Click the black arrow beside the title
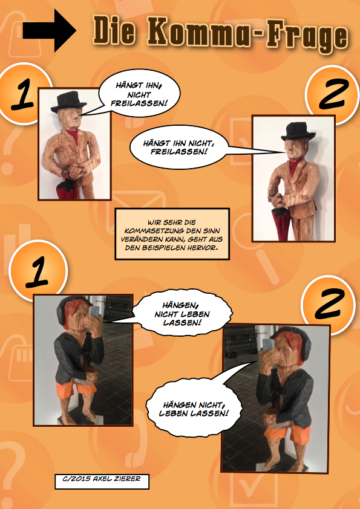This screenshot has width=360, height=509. (50, 30)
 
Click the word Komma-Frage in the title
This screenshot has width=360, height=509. (248, 34)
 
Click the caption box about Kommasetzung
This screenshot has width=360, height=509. (172, 234)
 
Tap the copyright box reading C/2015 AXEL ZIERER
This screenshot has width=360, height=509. (102, 481)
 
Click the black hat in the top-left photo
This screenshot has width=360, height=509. (68, 102)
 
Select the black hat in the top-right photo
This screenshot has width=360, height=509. (298, 131)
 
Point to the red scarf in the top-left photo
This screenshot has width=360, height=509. (74, 135)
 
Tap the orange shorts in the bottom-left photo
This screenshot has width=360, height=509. (77, 388)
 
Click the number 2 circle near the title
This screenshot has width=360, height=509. (332, 94)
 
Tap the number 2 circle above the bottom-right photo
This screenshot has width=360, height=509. (328, 304)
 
